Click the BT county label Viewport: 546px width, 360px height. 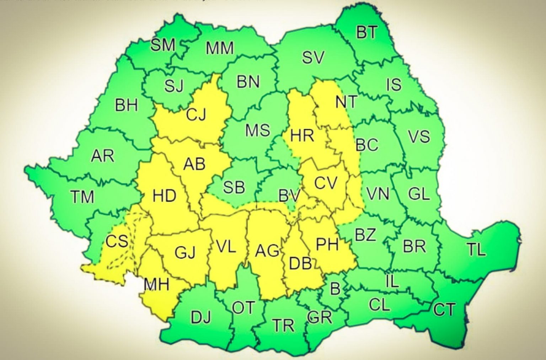click(x=367, y=32)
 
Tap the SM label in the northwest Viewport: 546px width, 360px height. click(x=163, y=45)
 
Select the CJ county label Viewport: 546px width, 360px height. click(x=196, y=115)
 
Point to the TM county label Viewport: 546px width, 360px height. click(x=82, y=197)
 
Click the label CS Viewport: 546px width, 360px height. click(x=117, y=241)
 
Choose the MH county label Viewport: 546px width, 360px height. click(x=156, y=284)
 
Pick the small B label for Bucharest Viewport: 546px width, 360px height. click(x=335, y=289)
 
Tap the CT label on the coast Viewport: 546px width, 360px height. click(x=444, y=310)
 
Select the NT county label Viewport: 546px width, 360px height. click(x=346, y=102)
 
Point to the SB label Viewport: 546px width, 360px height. click(x=234, y=187)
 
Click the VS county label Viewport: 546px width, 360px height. click(x=419, y=136)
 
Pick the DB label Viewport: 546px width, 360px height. click(x=301, y=263)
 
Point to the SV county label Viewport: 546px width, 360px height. click(x=313, y=57)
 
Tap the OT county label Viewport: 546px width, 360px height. click(x=243, y=307)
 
